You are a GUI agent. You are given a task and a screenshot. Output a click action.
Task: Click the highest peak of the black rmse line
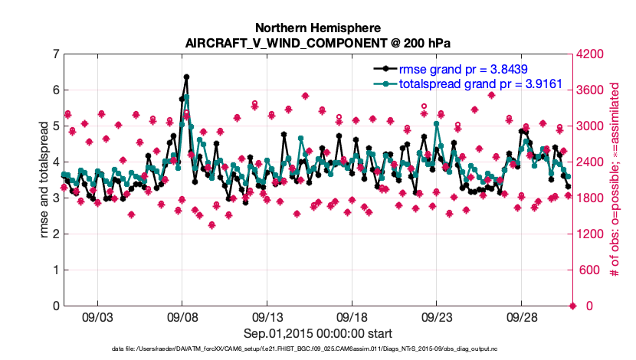[x=186, y=77]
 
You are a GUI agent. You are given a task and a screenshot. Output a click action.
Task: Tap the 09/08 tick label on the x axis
[x=182, y=317]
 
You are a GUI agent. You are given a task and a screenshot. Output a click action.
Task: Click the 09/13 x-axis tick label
[x=267, y=317]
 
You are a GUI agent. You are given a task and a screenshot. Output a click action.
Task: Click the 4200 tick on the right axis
[x=593, y=54]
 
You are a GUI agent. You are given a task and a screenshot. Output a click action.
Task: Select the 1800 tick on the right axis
[x=593, y=198]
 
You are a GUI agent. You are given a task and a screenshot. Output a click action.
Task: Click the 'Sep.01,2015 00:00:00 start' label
[x=318, y=333]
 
